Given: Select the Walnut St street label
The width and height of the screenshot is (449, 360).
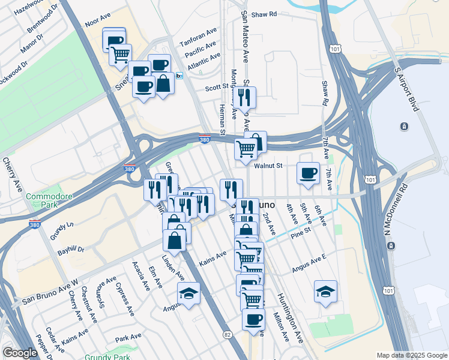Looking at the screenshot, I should (x=268, y=166).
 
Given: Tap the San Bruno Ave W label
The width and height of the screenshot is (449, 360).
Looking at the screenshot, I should (x=50, y=292).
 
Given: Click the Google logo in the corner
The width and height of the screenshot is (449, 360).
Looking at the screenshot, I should (x=20, y=353).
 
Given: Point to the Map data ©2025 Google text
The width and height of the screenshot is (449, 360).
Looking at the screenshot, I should (x=412, y=355).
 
